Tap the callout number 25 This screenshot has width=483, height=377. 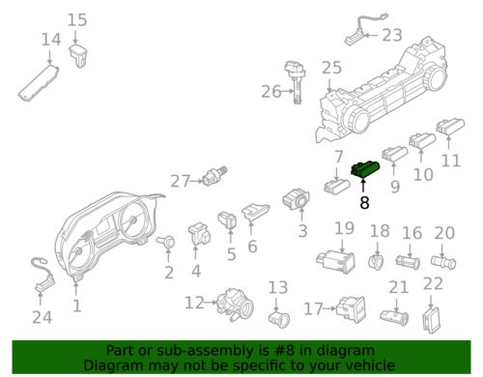(331, 68)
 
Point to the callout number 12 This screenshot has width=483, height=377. (195, 303)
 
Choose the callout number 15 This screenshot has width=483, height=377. (77, 19)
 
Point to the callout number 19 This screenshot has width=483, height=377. (345, 229)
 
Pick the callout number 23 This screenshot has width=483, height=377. (391, 36)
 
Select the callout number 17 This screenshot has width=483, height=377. (313, 308)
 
